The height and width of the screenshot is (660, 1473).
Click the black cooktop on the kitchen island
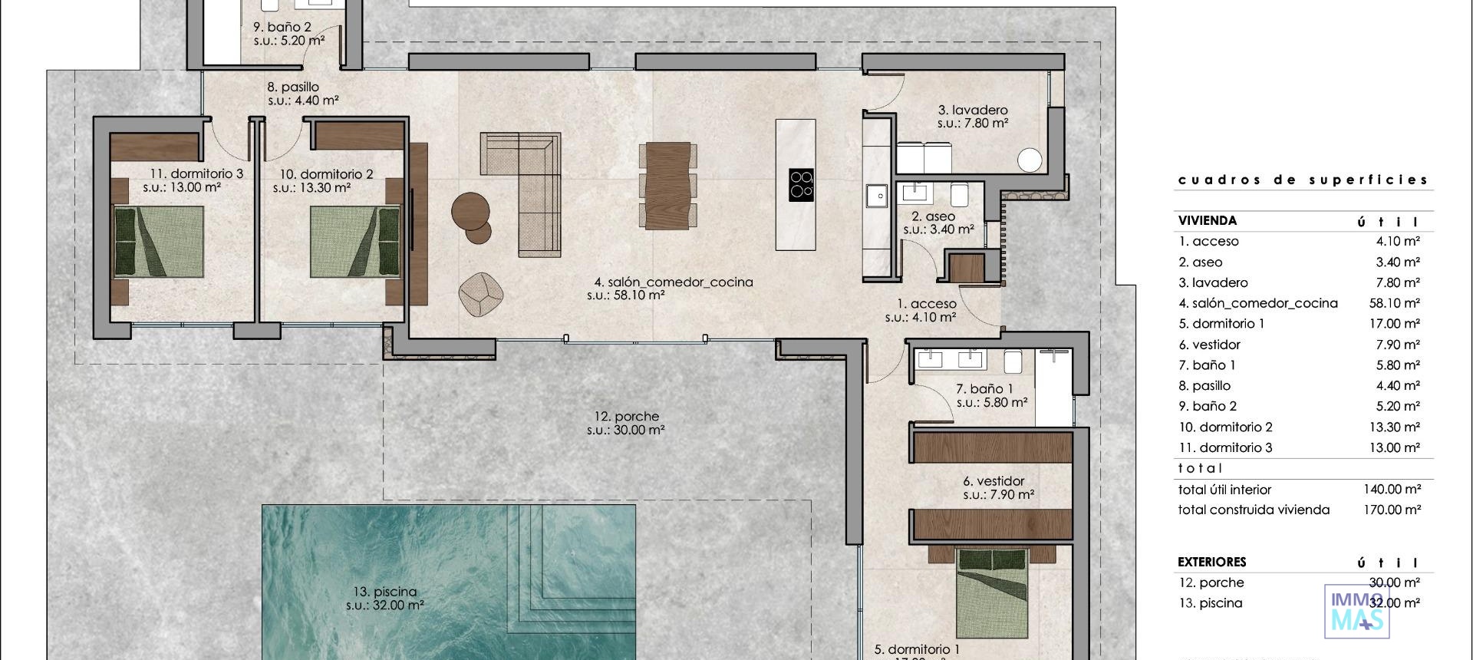[x=801, y=185]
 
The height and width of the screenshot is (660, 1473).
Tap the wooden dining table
[x=668, y=185]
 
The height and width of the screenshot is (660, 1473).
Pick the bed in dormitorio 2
[x=355, y=241]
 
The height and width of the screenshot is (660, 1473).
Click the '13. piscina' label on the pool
[x=385, y=592]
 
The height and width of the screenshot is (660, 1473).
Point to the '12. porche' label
[x=626, y=417]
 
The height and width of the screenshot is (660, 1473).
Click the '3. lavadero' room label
[x=973, y=111]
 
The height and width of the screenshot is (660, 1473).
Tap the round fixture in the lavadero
[x=1030, y=160]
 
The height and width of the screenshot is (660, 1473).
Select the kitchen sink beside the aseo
[x=875, y=196]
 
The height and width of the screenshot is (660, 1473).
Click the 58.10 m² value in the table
[x=1394, y=303]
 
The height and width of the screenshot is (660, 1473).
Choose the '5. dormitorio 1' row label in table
[x=1221, y=324]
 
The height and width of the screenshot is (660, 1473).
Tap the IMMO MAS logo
[x=1356, y=612]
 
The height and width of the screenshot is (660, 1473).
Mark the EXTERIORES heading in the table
[x=1212, y=562]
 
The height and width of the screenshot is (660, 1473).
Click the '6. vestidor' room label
[x=994, y=482]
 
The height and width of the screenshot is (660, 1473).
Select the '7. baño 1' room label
[x=984, y=389]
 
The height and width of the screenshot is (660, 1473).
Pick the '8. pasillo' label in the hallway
[x=292, y=87]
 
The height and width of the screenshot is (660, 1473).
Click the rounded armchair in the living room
[x=481, y=293]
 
